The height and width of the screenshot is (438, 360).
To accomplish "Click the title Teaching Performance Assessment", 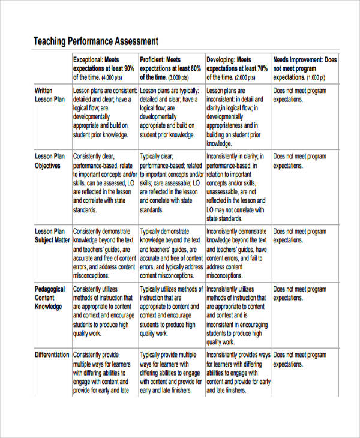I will (95, 41).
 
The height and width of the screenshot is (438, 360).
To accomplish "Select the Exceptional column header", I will (104, 68).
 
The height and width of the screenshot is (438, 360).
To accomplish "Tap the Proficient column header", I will (170, 68).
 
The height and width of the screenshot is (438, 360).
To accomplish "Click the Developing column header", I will (237, 68).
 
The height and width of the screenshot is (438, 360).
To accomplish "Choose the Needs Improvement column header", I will (305, 68).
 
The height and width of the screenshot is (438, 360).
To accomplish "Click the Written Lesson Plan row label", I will (48, 95).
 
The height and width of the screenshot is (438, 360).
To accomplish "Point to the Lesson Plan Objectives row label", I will (49, 161).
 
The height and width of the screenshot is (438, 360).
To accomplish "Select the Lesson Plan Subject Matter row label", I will (52, 236).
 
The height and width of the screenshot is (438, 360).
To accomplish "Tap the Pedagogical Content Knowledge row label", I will (49, 298).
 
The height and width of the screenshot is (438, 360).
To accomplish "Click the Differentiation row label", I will (52, 355).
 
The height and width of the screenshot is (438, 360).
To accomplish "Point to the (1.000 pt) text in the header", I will (316, 78).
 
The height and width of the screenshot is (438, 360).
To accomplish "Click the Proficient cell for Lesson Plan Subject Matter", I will (170, 253).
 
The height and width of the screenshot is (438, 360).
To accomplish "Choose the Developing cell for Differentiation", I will (237, 372).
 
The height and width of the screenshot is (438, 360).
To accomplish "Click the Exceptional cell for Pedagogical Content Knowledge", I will (104, 311).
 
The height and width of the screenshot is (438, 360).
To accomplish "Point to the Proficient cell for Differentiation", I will (170, 372).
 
